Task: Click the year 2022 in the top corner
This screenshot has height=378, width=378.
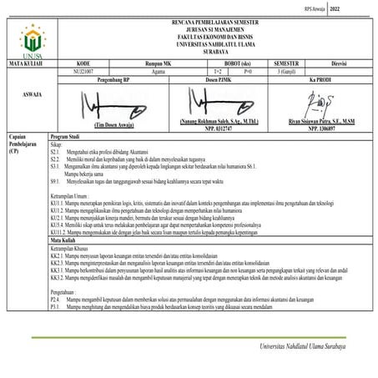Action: coord(359,8)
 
